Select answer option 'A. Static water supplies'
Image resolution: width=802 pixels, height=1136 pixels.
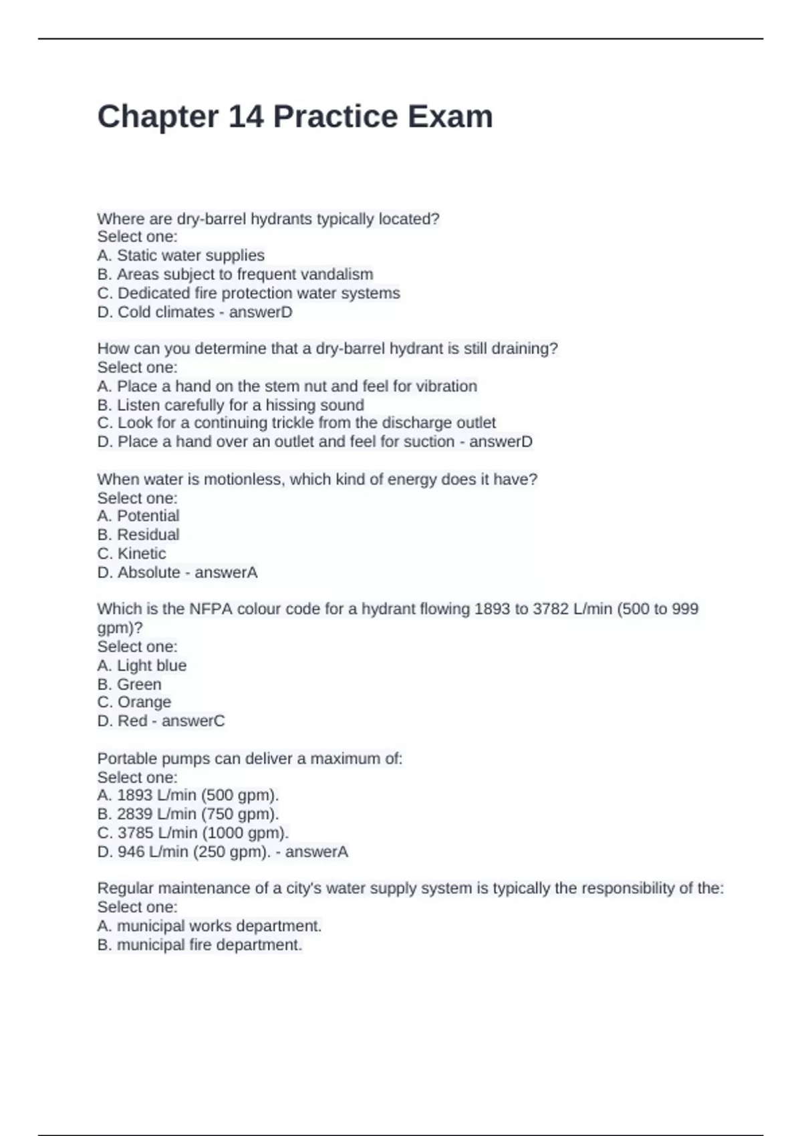(180, 255)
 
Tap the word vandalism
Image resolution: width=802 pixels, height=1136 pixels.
(337, 274)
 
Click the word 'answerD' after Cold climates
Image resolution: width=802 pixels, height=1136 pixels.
(261, 312)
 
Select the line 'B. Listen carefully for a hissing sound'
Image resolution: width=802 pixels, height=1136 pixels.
(231, 405)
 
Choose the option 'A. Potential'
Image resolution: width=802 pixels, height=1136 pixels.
(138, 516)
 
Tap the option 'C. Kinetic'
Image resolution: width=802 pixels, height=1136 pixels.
(132, 553)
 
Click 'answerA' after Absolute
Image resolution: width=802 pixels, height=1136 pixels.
(226, 573)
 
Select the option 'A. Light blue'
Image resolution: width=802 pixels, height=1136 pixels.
(142, 666)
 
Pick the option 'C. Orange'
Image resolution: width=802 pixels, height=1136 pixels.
(134, 702)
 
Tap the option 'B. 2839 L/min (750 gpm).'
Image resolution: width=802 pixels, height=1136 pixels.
(188, 814)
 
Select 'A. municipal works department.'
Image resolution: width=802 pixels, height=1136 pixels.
(209, 926)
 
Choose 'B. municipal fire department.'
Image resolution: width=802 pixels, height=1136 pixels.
(200, 945)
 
